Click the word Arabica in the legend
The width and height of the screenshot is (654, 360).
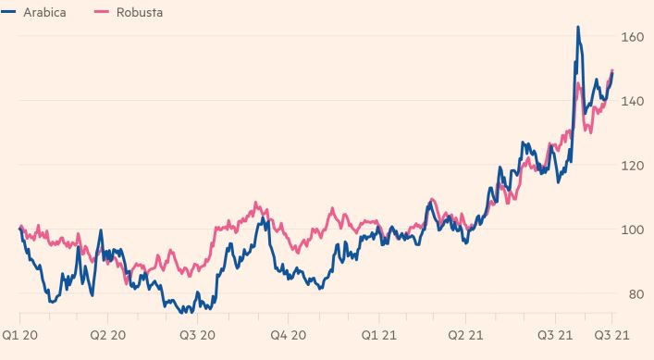point(44,13)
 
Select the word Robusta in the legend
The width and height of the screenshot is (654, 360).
point(140,13)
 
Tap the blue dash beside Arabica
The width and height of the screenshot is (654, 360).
point(8,12)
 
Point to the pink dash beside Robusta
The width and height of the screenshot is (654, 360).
point(102,12)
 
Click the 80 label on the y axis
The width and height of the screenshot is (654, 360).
point(635,294)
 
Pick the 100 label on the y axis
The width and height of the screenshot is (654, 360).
point(633,230)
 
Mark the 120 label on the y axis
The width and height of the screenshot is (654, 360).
point(633,166)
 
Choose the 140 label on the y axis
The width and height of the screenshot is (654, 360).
point(633,102)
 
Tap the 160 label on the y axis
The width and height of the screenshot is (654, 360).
point(633,37)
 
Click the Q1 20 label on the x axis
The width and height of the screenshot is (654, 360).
point(19,335)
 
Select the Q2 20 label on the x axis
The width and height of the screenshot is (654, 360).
point(107,335)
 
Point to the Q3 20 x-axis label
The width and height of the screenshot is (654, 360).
point(197,335)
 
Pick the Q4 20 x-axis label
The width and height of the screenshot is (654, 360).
point(289,335)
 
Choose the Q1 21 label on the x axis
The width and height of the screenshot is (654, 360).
point(378,335)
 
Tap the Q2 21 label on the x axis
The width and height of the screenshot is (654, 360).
point(465,335)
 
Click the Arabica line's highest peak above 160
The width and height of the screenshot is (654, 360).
point(578,27)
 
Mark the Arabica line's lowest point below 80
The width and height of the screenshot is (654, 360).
point(182,312)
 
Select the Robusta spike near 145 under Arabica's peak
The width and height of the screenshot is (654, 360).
point(578,85)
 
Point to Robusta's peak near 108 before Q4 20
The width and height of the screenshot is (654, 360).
point(255,204)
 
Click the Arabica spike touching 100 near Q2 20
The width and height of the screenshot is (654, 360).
point(101,230)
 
